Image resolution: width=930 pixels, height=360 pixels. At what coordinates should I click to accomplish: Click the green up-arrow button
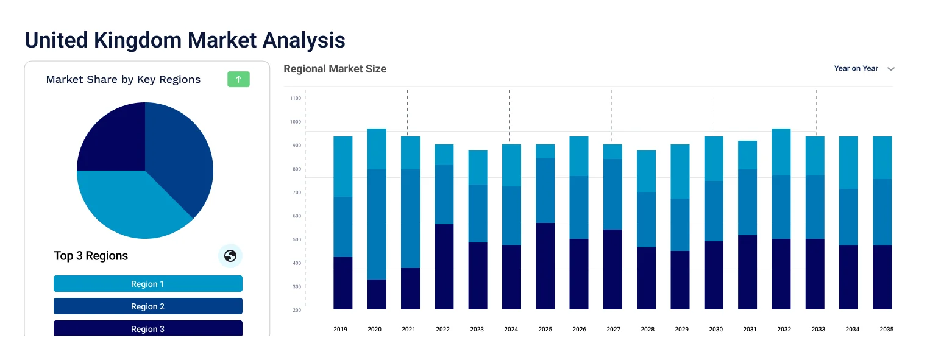point(238,79)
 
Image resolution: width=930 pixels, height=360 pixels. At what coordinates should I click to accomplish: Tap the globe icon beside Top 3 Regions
point(230,256)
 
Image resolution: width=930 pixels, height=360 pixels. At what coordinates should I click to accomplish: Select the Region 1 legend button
point(148,284)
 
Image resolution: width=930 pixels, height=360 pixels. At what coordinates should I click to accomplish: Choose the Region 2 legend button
point(148,306)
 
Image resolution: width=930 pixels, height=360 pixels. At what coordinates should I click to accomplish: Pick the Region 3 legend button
point(148,328)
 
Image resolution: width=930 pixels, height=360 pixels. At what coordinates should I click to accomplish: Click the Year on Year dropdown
point(864,69)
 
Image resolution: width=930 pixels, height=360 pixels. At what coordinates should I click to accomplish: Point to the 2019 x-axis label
point(340,330)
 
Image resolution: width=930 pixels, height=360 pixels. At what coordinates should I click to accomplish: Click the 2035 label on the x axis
point(886,330)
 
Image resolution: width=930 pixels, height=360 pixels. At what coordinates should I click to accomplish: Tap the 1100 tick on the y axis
point(296,98)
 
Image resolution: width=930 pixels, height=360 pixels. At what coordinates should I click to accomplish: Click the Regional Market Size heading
point(335,69)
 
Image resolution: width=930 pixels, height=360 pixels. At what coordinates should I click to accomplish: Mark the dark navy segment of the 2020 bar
point(377,294)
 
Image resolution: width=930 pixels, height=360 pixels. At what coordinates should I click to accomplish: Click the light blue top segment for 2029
point(680,171)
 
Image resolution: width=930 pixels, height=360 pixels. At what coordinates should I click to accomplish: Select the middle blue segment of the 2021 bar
point(410,218)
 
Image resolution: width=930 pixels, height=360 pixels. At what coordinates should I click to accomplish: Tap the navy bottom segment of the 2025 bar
point(545,266)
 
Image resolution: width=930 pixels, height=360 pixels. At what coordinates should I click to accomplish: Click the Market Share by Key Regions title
point(123,79)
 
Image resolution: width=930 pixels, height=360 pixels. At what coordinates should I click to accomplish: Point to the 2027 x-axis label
point(613,330)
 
